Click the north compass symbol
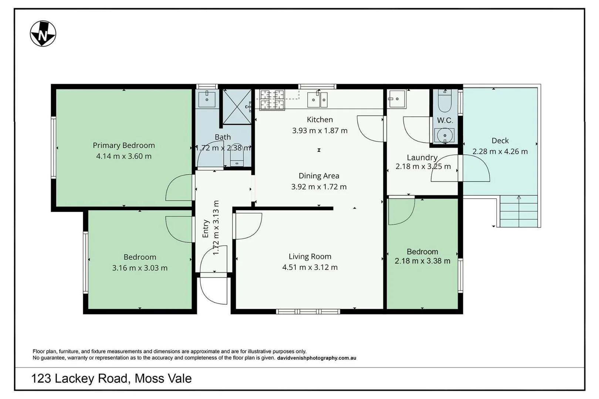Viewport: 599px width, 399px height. (x=43, y=34)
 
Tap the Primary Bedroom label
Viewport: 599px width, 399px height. (x=123, y=145)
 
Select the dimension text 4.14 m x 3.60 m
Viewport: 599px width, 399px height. (x=123, y=156)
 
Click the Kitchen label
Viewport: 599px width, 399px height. (x=319, y=119)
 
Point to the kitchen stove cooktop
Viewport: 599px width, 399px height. (x=272, y=100)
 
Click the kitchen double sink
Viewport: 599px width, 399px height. (x=318, y=99)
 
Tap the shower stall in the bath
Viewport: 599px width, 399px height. (x=237, y=106)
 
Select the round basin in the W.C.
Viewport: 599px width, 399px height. (x=445, y=136)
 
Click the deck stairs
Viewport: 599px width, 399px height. (x=519, y=211)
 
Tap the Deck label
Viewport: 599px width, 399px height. (x=500, y=140)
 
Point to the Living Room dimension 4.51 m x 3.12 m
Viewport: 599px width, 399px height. (x=310, y=267)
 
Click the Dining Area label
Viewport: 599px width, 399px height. (x=319, y=176)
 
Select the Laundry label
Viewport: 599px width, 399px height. (x=422, y=157)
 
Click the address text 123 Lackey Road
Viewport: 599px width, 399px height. (x=80, y=378)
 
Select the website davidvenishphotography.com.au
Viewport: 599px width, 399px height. (x=317, y=358)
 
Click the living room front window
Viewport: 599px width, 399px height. (x=308, y=311)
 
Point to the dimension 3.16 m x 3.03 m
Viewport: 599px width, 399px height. (x=140, y=268)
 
